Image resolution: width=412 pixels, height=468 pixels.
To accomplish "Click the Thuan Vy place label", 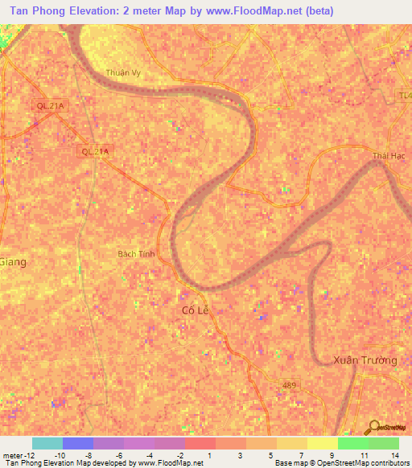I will click(122, 72).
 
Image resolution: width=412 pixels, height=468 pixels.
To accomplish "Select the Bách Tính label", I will click(134, 253).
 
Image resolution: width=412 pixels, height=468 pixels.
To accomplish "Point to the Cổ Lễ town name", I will click(195, 310).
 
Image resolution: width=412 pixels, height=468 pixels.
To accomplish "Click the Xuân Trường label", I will click(365, 360).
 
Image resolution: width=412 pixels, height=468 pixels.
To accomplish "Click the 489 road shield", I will click(290, 386).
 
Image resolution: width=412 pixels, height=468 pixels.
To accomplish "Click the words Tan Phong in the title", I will click(36, 11).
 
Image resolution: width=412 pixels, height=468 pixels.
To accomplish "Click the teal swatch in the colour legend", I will click(47, 443).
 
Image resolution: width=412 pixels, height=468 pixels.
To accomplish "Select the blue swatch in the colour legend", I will click(78, 443).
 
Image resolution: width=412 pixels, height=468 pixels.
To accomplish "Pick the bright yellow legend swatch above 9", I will click(323, 443).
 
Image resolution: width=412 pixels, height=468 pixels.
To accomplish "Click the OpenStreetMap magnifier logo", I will click(373, 426).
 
